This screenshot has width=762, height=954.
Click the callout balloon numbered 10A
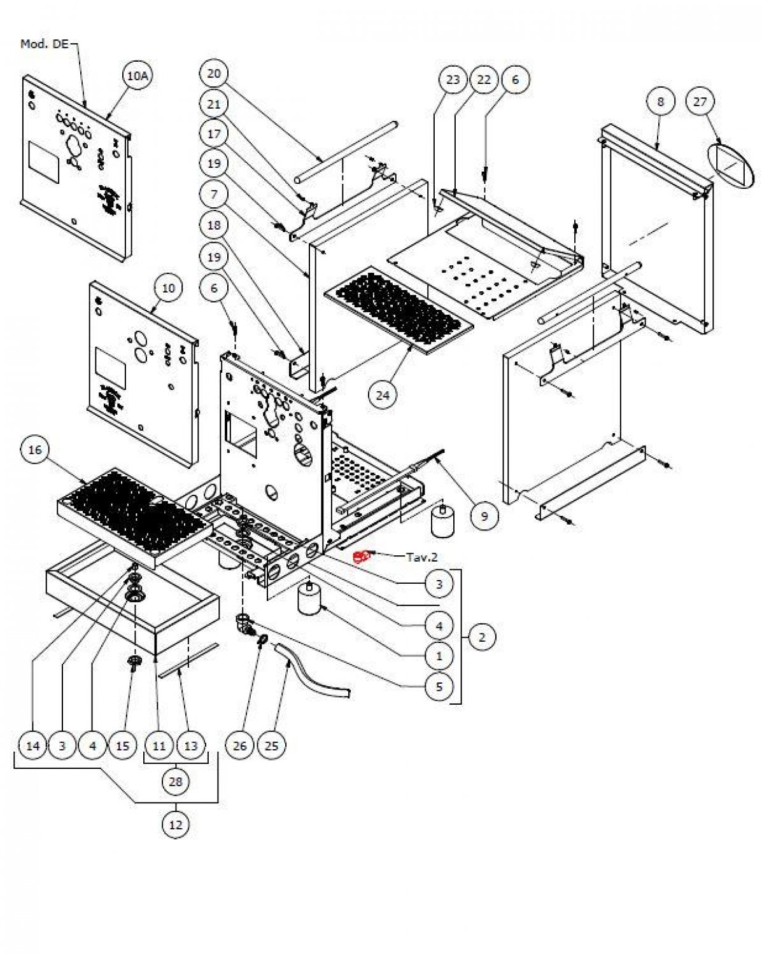point(138,76)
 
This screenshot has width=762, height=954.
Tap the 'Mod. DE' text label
point(45,44)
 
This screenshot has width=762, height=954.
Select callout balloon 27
point(700,102)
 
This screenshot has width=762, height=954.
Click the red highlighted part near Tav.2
point(361,556)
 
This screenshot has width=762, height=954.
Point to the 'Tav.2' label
point(422,557)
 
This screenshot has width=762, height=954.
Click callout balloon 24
point(382,395)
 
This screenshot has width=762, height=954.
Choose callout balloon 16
point(35,450)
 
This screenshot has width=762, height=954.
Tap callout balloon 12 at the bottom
point(176,825)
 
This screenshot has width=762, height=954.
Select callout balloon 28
point(176,780)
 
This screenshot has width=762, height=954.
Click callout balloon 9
point(484,516)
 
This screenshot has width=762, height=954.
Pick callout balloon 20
point(214,74)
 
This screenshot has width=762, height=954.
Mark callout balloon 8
point(661,102)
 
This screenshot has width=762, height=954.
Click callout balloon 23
point(453,79)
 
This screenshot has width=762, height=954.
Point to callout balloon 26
point(240,745)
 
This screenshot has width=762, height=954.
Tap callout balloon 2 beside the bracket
point(482,637)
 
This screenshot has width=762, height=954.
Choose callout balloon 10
point(168,288)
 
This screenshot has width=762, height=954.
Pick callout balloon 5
point(439,687)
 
